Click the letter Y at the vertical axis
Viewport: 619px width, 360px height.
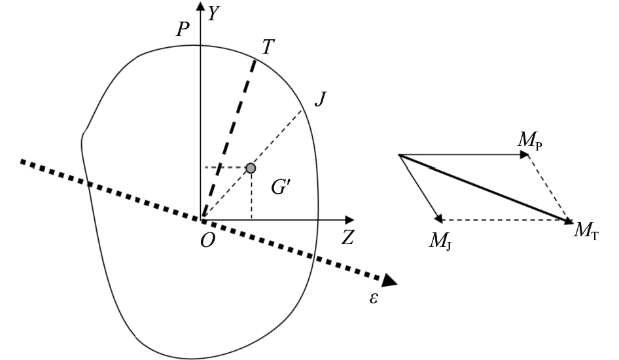pyautogui.click(x=213, y=14)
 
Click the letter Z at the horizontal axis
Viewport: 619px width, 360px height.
pyautogui.click(x=348, y=238)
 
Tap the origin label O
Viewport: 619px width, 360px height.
pyautogui.click(x=207, y=240)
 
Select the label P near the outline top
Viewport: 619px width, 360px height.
pyautogui.click(x=183, y=29)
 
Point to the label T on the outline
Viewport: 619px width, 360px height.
pyautogui.click(x=268, y=47)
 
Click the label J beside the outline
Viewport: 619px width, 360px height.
pyautogui.click(x=321, y=99)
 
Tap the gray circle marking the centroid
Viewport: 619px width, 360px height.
pyautogui.click(x=251, y=169)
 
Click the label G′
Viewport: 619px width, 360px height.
pyautogui.click(x=281, y=187)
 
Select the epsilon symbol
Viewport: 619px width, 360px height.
pyautogui.click(x=374, y=298)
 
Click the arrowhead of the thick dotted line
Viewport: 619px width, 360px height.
pyautogui.click(x=389, y=280)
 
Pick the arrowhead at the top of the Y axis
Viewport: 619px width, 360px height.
pyautogui.click(x=201, y=6)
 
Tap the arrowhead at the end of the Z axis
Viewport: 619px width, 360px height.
pyautogui.click(x=349, y=219)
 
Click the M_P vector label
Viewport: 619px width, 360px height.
pyautogui.click(x=530, y=140)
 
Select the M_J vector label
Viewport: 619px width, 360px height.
pyautogui.click(x=440, y=240)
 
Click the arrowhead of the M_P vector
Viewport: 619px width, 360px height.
pyautogui.click(x=525, y=154)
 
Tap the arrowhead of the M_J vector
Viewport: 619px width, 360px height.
pyautogui.click(x=438, y=218)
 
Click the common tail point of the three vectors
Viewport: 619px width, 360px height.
pyautogui.click(x=398, y=154)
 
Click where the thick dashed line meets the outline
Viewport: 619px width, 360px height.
pyautogui.click(x=255, y=60)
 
